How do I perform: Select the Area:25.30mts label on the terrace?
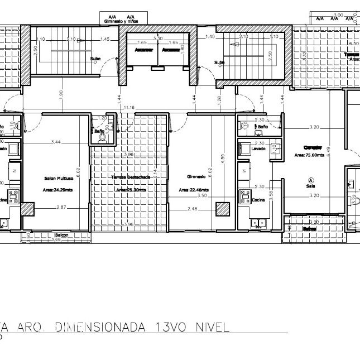pyautogui.click(x=131, y=190)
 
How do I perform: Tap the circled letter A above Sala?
pyautogui.click(x=310, y=180)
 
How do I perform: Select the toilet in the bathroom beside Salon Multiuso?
pyautogui.click(x=102, y=135)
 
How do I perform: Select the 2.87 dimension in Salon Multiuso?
pyautogui.click(x=61, y=207)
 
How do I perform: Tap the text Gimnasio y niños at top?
pyautogui.click(x=121, y=21)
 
